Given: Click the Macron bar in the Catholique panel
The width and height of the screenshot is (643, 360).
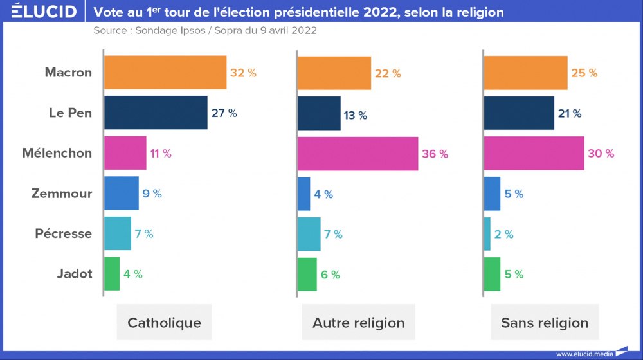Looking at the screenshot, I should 165,72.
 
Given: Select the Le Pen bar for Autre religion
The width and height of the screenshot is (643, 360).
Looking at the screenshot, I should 319,113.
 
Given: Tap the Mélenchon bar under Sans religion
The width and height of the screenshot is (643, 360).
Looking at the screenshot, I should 534,153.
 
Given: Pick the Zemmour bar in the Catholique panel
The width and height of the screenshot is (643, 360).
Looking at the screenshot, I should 122,194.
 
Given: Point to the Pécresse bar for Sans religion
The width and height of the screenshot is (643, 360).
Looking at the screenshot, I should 487,234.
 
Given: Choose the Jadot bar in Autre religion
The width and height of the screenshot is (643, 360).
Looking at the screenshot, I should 307,274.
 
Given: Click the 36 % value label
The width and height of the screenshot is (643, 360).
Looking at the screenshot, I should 435,154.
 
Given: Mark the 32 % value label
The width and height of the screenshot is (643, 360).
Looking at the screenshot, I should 243,73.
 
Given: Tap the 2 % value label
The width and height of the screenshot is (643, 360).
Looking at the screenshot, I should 504,235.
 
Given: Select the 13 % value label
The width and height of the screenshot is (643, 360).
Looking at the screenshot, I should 355,116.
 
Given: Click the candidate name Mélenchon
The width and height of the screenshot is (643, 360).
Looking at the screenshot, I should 57,153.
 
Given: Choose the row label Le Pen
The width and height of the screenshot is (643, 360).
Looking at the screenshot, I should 71,113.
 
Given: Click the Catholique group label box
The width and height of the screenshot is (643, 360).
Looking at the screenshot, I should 165,323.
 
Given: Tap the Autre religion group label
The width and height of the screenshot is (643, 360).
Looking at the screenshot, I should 359,323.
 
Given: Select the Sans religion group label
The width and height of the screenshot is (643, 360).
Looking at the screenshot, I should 545,323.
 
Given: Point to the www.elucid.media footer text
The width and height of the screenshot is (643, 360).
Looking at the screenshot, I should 583,353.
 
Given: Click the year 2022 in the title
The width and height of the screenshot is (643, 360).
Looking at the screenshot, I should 367,12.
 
